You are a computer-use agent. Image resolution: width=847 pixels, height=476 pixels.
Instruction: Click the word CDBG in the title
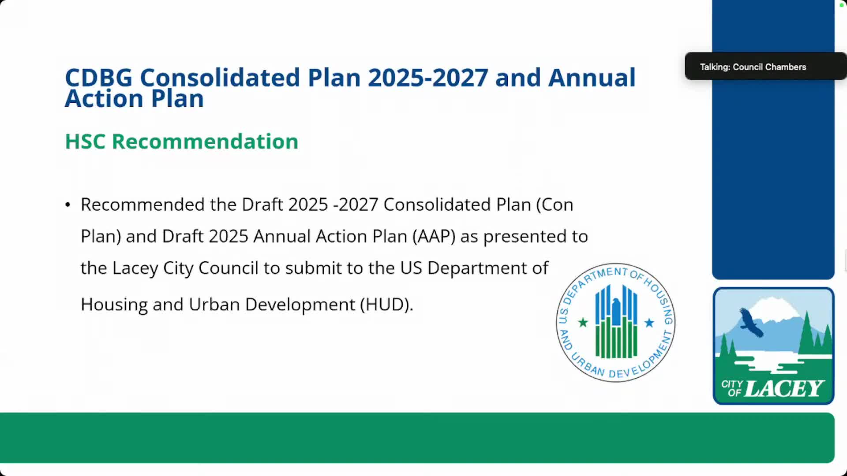pos(99,78)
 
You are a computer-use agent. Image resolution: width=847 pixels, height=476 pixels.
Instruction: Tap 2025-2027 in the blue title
pos(428,78)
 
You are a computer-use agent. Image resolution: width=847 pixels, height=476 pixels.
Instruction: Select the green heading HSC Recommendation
pos(182,141)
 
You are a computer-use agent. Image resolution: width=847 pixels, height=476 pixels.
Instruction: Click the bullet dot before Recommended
pos(67,205)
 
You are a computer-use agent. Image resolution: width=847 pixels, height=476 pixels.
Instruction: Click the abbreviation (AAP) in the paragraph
pos(434,237)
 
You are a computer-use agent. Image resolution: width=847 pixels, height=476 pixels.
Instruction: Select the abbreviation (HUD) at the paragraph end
pos(386,305)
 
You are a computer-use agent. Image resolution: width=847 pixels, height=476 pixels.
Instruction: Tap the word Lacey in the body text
pos(135,268)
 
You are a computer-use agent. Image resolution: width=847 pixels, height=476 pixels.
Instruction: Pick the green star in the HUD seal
pos(583,323)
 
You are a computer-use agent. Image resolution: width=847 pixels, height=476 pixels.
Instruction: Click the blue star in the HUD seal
pos(649,323)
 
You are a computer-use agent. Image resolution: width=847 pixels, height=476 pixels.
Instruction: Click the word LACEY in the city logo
pos(784,388)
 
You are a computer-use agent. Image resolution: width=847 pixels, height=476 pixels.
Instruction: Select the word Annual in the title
pos(592,78)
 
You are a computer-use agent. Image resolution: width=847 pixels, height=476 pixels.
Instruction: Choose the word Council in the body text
pos(228,268)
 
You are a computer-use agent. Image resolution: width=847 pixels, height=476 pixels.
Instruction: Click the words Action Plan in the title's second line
pos(134,98)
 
